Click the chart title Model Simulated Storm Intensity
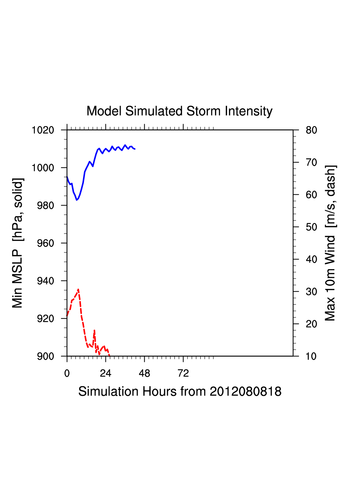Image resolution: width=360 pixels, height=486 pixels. [179, 111]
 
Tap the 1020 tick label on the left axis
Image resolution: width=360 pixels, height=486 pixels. [43, 130]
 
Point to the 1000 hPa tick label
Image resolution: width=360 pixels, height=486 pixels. [43, 168]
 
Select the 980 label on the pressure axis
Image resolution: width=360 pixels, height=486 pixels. [45, 205]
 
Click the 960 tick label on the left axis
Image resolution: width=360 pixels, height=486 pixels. [45, 243]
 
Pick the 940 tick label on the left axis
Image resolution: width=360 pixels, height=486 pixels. [45, 281]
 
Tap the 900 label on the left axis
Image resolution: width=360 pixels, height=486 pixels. [45, 356]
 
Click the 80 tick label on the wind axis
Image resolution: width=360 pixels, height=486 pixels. [311, 130]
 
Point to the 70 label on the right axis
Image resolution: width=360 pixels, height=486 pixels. [311, 163]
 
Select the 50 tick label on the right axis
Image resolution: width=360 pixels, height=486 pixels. [311, 227]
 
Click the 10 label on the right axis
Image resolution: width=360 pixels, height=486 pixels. [311, 356]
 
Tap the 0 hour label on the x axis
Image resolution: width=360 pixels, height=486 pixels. [67, 373]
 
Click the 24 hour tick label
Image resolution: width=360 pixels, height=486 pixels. [105, 373]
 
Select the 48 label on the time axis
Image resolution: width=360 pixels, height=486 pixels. [144, 373]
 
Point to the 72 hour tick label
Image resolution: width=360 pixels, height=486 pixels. [183, 373]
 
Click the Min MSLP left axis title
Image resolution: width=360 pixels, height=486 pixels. [17, 243]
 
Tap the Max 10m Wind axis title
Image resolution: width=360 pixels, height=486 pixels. [330, 243]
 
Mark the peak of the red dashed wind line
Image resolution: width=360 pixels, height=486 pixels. [78, 289]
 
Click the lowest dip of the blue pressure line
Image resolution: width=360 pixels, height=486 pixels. [77, 200]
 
